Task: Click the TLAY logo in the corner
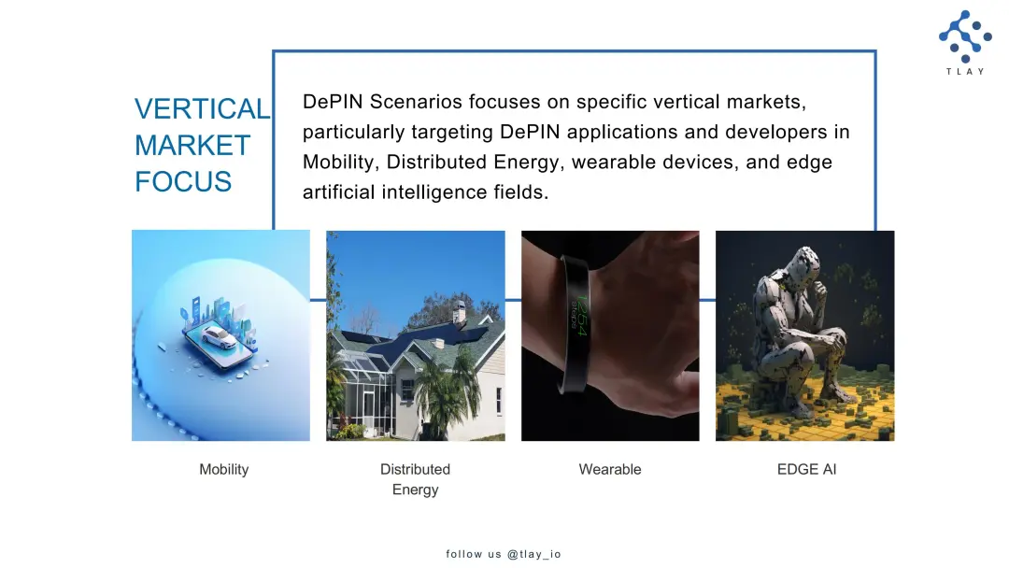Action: click(x=965, y=42)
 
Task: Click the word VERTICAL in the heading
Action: click(x=203, y=108)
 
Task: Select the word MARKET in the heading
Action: click(x=192, y=146)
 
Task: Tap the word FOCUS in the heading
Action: click(x=183, y=181)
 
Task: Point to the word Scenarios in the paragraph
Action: click(x=416, y=102)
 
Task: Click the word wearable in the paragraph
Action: click(x=614, y=162)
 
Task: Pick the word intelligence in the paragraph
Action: click(x=434, y=192)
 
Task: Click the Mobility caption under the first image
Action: click(x=224, y=470)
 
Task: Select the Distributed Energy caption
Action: click(x=415, y=479)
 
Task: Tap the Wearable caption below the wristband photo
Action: click(x=610, y=470)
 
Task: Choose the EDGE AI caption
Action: click(x=807, y=470)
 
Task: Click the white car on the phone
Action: click(x=218, y=336)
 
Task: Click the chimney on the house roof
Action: click(x=458, y=313)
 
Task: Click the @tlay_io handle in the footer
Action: click(x=534, y=554)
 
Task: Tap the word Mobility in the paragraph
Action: click(x=338, y=163)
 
